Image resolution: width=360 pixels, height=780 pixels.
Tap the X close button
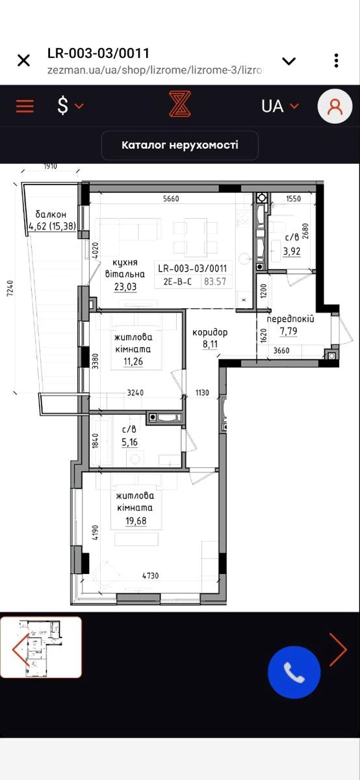[23, 60]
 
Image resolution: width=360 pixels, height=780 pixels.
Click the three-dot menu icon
[336, 60]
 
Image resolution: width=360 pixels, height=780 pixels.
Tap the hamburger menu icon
[25, 106]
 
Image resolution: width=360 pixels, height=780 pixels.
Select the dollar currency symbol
[63, 106]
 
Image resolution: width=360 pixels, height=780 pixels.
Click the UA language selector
[273, 106]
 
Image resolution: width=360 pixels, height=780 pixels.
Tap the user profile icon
[335, 107]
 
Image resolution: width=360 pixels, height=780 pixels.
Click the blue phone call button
[294, 673]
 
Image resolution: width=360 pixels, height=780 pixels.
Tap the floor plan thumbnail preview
[42, 647]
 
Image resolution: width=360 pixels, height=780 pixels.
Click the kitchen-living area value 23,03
[125, 287]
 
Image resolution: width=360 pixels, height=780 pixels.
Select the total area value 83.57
[216, 281]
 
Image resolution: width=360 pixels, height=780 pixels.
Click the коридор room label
[210, 331]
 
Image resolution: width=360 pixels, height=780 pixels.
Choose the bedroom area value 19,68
[139, 521]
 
